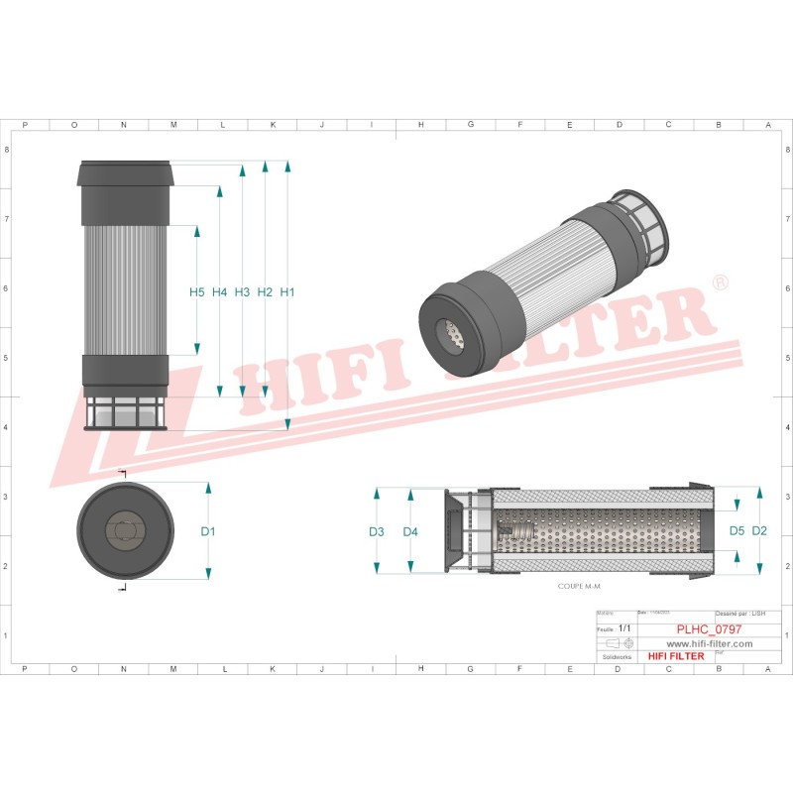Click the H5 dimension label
click(x=196, y=292)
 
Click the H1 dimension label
click(x=287, y=292)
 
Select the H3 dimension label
click(x=242, y=292)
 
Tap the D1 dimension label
click(x=208, y=532)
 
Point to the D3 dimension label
click(x=377, y=532)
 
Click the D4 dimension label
click(x=410, y=532)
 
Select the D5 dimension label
click(x=736, y=531)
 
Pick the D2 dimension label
click(x=760, y=531)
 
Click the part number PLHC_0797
click(x=709, y=629)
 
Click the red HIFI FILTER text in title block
click(x=675, y=656)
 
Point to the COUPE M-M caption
click(x=580, y=587)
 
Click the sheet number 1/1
click(x=623, y=629)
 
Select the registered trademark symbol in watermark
click(x=722, y=283)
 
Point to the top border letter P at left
click(x=25, y=125)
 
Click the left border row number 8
click(x=7, y=150)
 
